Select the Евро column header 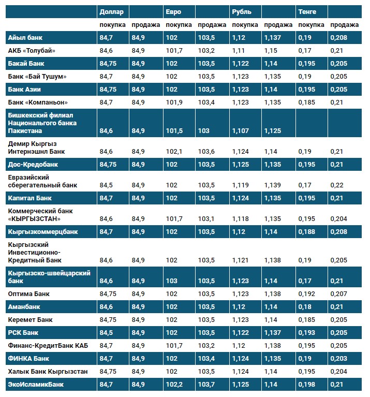(x=173, y=11)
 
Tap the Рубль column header (x=241, y=11)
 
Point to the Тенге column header (x=307, y=11)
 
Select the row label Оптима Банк (x=29, y=294)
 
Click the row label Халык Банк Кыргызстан (x=48, y=372)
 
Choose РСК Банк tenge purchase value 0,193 (x=307, y=333)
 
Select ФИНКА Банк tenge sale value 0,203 (x=338, y=359)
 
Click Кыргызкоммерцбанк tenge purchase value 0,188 (x=307, y=232)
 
